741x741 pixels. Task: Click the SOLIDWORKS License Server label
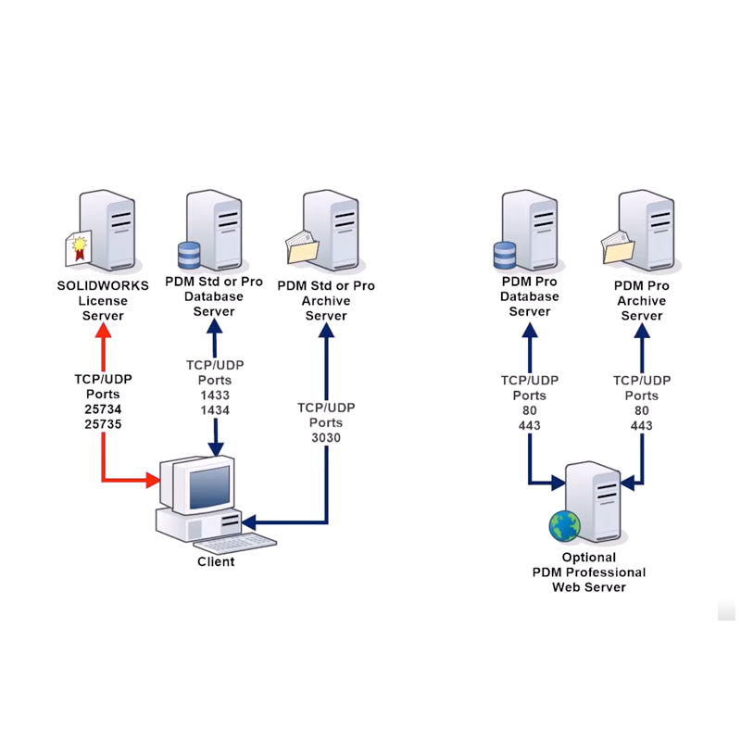click(102, 301)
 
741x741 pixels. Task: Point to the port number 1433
click(215, 395)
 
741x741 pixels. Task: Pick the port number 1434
click(215, 409)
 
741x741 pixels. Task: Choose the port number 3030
click(326, 437)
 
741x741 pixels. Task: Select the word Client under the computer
click(216, 561)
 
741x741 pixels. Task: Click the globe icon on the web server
click(563, 525)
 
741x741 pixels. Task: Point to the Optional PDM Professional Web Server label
click(589, 572)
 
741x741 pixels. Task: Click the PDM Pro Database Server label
click(530, 296)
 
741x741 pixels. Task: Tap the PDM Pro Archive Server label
click(641, 301)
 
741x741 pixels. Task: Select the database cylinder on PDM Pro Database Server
click(505, 254)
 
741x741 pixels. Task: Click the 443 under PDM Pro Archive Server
click(641, 425)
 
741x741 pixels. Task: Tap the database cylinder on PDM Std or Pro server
click(189, 254)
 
